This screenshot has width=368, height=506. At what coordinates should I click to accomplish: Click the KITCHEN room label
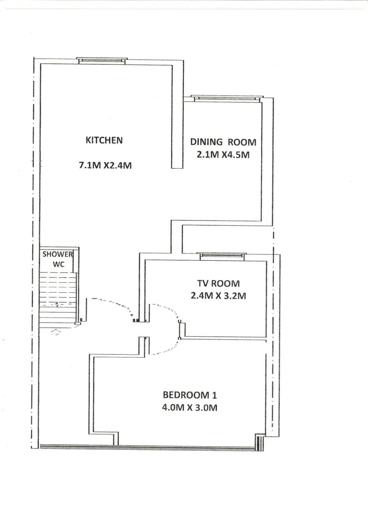tap(104, 140)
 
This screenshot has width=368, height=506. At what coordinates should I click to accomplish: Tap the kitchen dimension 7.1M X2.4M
tap(105, 165)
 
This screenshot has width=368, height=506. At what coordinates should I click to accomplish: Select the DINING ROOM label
tap(223, 142)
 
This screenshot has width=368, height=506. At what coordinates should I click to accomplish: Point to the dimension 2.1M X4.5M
tap(223, 155)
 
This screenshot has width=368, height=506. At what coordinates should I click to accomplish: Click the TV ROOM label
tap(218, 283)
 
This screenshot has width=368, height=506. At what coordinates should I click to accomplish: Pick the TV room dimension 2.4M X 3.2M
tap(218, 296)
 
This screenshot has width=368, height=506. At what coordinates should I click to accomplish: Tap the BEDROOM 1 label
tap(190, 395)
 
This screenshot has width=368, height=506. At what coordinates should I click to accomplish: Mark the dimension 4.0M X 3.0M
tap(190, 408)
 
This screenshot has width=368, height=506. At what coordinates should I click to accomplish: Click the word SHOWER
tap(58, 254)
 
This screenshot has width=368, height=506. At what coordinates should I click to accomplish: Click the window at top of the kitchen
tap(102, 60)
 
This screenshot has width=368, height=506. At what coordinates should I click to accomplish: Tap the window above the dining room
tap(227, 98)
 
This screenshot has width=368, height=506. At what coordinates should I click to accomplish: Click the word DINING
tap(206, 142)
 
